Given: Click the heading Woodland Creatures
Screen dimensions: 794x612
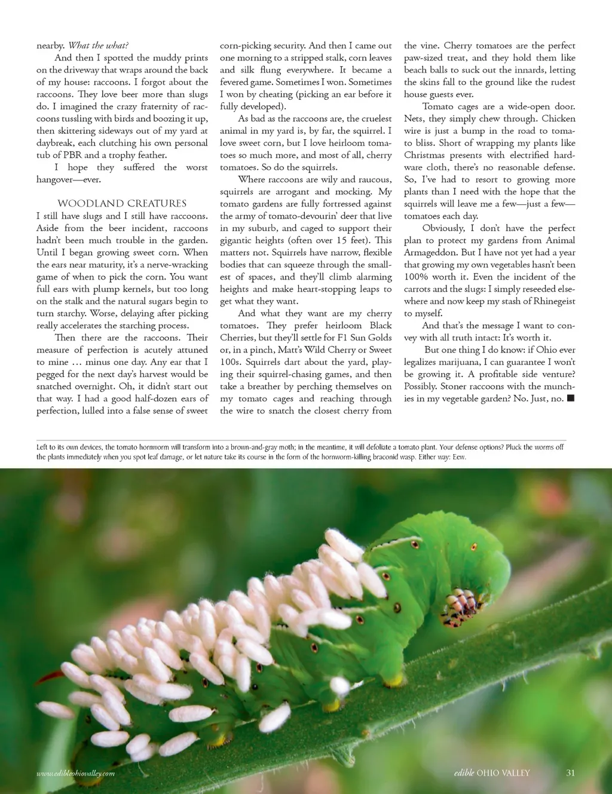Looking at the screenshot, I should coord(122,204).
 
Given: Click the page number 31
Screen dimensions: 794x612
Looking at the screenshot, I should coord(570,772).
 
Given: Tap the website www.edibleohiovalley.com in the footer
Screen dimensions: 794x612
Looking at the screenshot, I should coord(75,773).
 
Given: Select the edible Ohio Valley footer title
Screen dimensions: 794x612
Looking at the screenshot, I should coord(492,772).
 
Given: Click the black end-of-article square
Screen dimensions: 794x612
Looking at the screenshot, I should coord(570,398).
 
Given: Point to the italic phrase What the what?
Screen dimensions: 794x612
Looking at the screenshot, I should coord(98,45).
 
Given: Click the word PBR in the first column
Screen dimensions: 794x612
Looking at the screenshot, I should coord(72,155).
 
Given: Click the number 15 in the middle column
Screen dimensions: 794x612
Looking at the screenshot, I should coord(341,240).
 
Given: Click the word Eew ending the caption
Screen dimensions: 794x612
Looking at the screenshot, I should coord(458,457).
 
